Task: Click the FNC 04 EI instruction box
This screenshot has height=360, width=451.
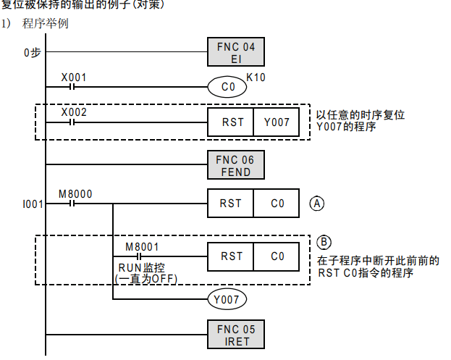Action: (236, 52)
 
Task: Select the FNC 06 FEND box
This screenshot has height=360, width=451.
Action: (236, 166)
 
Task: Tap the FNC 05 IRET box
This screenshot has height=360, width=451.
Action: (236, 335)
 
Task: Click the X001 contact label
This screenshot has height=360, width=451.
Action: (73, 76)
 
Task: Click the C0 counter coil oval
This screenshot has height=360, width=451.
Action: (227, 88)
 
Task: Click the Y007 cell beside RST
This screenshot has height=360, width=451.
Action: (276, 122)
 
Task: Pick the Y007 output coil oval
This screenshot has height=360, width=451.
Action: (227, 298)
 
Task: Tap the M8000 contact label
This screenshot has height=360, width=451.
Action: (75, 193)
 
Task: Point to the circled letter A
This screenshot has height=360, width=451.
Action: (316, 204)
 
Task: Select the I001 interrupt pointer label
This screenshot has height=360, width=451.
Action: (33, 204)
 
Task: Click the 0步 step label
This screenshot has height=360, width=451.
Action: (32, 52)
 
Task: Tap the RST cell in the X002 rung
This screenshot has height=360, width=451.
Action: (231, 122)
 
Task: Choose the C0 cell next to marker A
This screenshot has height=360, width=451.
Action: (276, 204)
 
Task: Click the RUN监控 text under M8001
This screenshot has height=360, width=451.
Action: (141, 267)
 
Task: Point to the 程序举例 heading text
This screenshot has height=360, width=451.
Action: (45, 24)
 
